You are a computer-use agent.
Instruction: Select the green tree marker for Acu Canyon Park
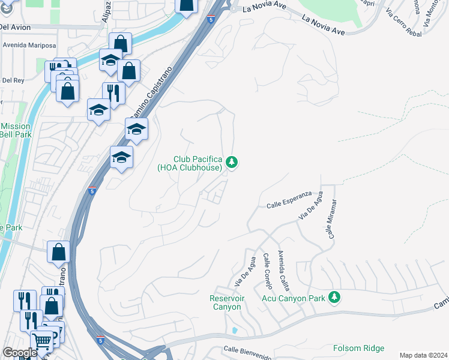point(334,298)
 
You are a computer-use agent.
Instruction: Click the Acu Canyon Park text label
point(293,298)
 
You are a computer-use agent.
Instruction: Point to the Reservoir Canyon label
point(225,302)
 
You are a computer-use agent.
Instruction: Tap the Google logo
point(20,353)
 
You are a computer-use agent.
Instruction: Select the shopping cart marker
point(42,341)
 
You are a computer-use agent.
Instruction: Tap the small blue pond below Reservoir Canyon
point(234,331)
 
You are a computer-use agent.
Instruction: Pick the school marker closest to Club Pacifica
point(121,158)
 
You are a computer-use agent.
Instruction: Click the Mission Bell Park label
point(16,130)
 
